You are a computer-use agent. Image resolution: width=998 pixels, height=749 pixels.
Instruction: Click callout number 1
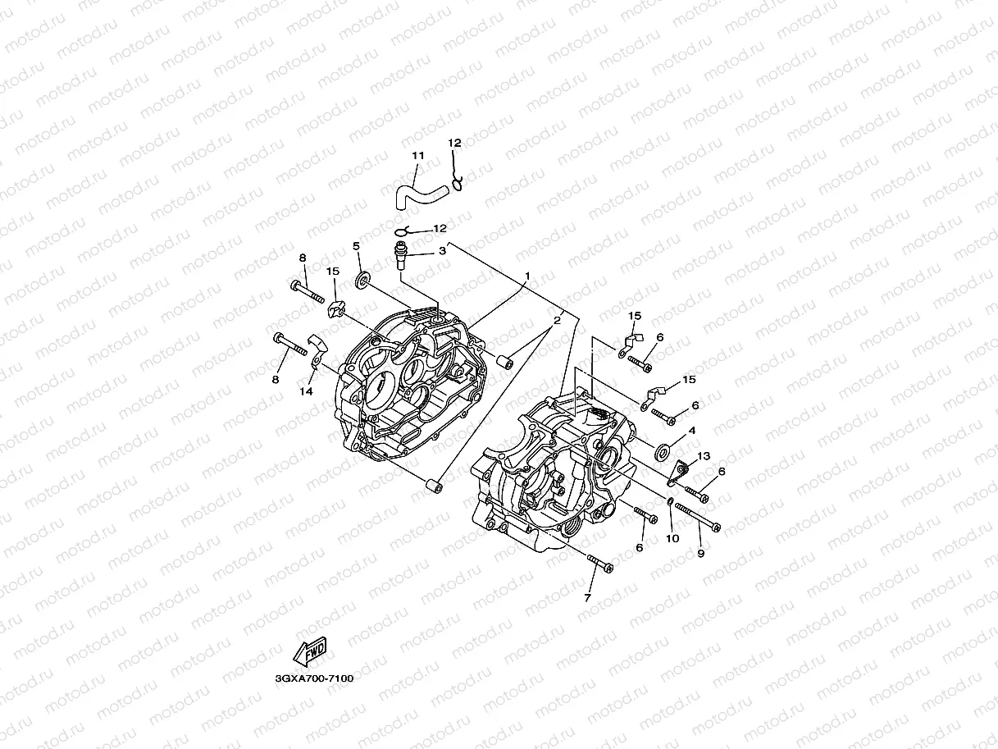(528, 276)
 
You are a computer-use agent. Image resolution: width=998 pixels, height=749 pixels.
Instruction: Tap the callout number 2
(557, 321)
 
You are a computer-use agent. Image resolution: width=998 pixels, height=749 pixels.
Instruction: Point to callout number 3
(441, 251)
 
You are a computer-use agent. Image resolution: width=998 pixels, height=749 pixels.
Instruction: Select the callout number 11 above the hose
(418, 156)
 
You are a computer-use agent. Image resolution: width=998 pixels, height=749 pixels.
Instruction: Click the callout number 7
(587, 598)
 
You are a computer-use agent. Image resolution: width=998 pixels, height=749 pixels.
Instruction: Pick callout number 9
(700, 554)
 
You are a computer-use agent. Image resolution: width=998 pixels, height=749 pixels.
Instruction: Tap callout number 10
(672, 539)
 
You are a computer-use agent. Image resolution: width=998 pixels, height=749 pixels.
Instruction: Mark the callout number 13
(704, 456)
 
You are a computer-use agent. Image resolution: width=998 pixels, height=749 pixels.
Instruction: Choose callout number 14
(306, 392)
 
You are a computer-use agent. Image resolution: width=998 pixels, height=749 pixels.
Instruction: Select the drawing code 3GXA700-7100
(314, 678)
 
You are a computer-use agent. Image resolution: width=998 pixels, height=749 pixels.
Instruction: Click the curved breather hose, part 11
(417, 196)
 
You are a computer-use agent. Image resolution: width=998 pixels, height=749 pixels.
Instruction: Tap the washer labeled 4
(662, 450)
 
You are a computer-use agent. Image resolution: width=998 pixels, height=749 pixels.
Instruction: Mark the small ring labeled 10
(669, 502)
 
